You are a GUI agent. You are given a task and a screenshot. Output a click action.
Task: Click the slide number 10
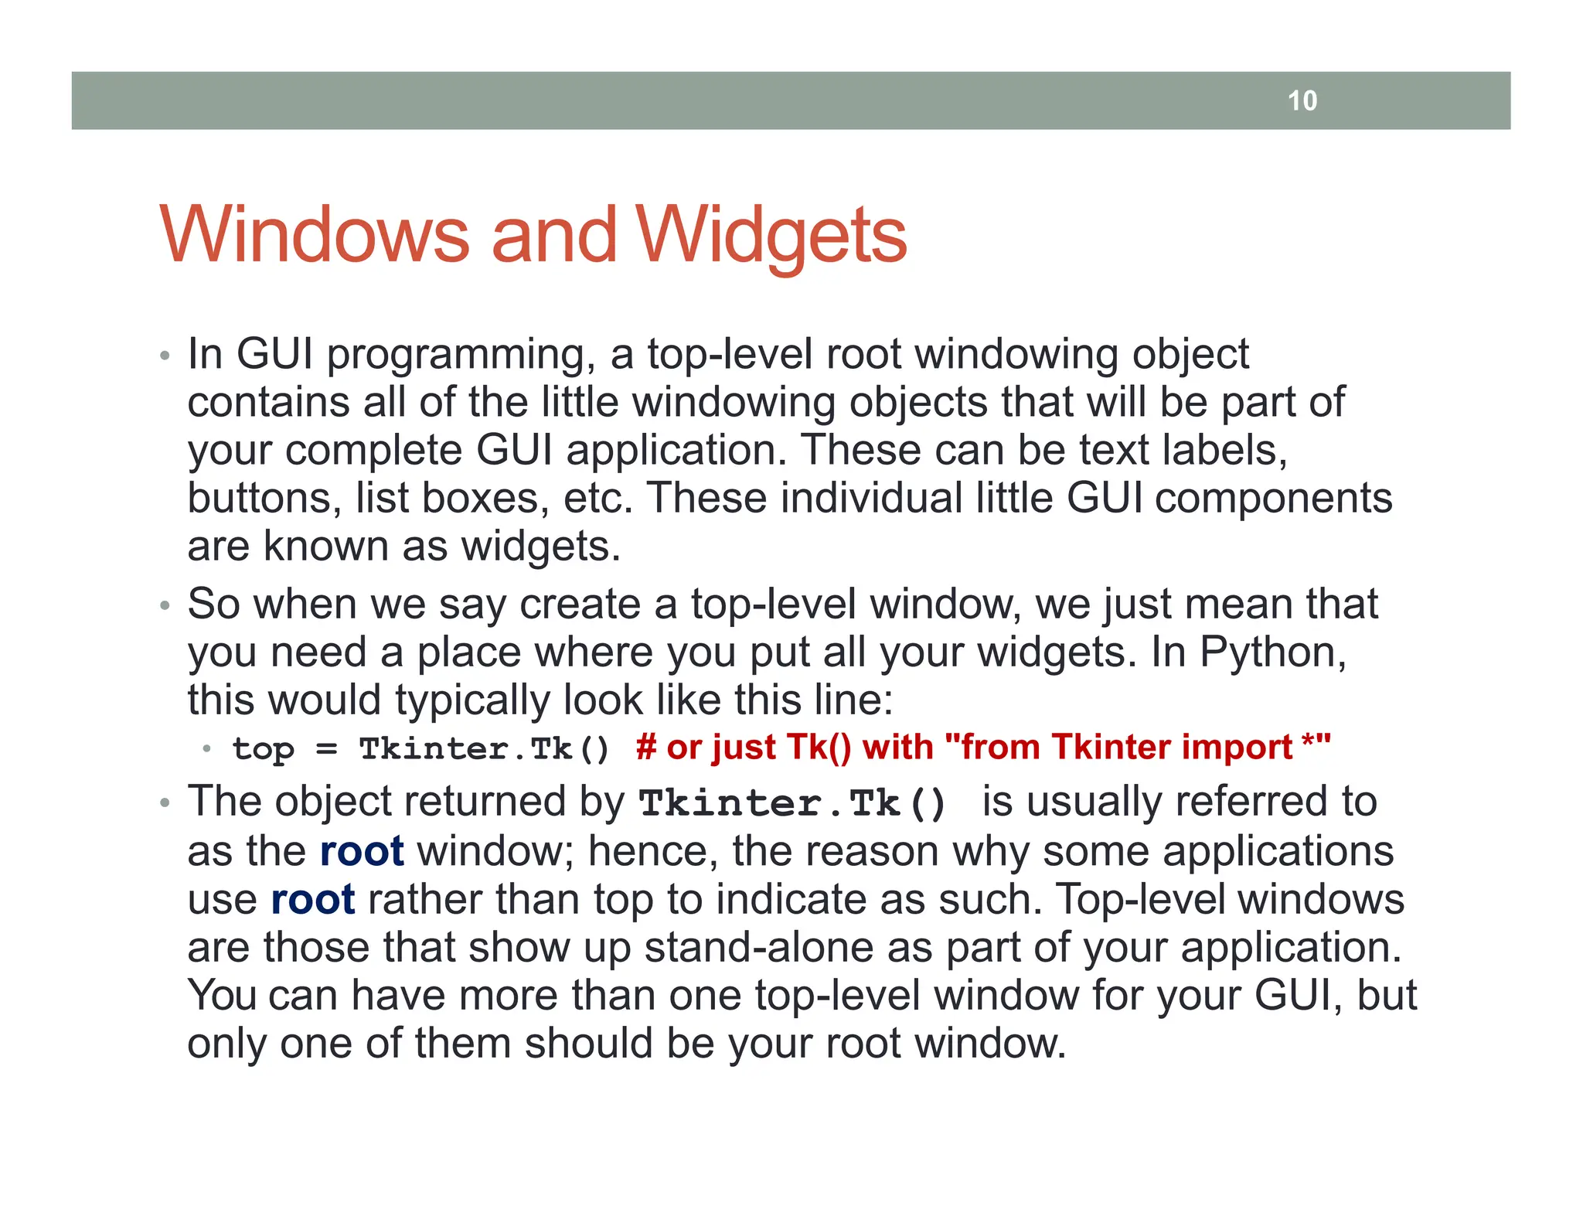(x=1302, y=100)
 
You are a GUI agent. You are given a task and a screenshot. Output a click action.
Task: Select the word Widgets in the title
(x=771, y=236)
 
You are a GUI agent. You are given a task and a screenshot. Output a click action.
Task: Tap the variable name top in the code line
(x=264, y=750)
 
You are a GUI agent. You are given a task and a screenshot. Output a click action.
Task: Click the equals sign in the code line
(x=327, y=750)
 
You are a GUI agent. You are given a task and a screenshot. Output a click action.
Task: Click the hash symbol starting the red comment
(x=645, y=748)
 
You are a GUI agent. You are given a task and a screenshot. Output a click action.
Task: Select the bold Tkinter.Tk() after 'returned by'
(x=792, y=804)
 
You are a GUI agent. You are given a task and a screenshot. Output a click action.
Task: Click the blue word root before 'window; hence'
(x=361, y=851)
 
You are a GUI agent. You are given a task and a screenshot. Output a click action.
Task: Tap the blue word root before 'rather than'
(x=313, y=900)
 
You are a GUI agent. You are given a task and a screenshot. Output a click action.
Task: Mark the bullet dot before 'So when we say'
(x=164, y=605)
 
